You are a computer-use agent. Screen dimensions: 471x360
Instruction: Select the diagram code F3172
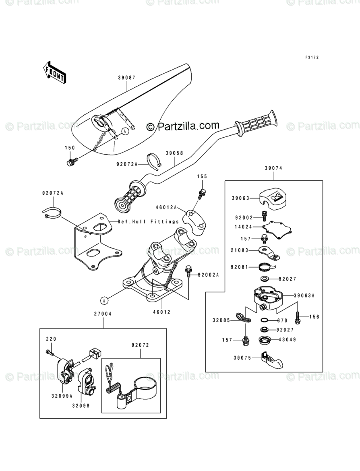tap(312, 58)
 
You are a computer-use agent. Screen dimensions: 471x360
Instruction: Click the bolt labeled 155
tap(203, 193)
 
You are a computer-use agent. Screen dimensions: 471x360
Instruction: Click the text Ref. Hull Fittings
tap(148, 221)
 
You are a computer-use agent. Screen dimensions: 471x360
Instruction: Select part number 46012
tap(162, 312)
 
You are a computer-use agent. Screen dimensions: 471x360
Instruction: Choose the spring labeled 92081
tap(266, 266)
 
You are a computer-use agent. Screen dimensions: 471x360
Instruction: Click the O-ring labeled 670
tap(264, 320)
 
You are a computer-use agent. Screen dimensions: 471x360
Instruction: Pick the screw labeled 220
tap(50, 353)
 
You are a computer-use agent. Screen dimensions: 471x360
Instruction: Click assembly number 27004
tap(103, 313)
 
